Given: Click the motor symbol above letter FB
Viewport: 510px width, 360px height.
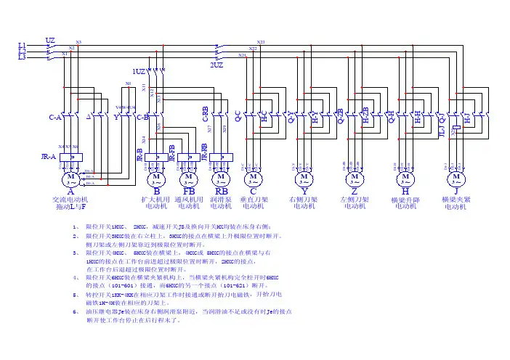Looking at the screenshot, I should click(189, 176).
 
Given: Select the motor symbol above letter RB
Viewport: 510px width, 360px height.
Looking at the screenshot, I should click(220, 176).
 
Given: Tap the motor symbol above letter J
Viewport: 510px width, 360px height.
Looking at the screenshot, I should click(456, 176).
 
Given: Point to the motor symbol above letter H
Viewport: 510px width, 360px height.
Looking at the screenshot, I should click(405, 176).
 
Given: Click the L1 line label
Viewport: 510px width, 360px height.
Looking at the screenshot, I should click(22, 45).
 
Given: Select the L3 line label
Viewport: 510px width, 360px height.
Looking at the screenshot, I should click(22, 57).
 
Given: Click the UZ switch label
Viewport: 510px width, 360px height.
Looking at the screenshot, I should click(50, 40).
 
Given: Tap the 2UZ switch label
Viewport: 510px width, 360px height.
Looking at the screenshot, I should click(216, 65).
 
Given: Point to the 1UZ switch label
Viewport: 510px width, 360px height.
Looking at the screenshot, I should click(138, 71).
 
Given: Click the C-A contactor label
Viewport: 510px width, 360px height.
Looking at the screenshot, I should click(54, 117).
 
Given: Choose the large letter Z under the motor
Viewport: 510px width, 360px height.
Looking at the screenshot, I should click(355, 191).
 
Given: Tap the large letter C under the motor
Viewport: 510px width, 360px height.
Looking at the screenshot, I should click(253, 191).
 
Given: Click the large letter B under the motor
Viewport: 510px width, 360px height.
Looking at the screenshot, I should click(157, 191).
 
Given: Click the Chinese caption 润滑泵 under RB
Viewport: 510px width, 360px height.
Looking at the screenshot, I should click(221, 199).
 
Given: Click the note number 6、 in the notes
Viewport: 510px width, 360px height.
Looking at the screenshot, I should click(76, 311).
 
